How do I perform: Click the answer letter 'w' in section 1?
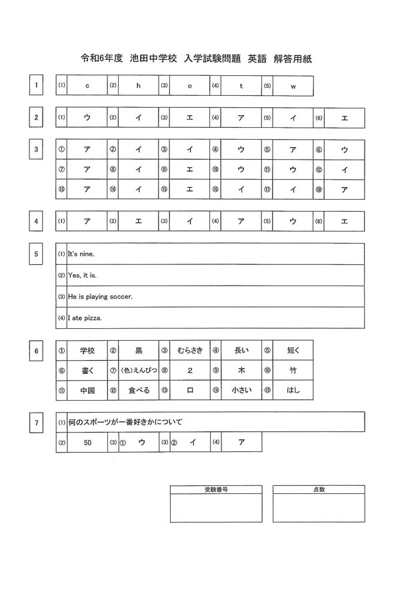click(293, 86)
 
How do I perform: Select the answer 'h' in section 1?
click(139, 86)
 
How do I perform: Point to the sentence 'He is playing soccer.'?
click(100, 296)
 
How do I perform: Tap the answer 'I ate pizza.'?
click(85, 317)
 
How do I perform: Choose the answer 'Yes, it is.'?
click(83, 276)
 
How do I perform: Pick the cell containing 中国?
click(87, 390)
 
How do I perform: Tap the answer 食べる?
click(139, 390)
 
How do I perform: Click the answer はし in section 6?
click(293, 390)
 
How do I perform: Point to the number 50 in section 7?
click(87, 442)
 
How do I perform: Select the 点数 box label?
click(319, 489)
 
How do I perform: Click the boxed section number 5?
click(36, 254)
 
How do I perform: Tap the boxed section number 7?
click(36, 422)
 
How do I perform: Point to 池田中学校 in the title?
click(153, 59)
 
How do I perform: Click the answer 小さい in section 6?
click(241, 390)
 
